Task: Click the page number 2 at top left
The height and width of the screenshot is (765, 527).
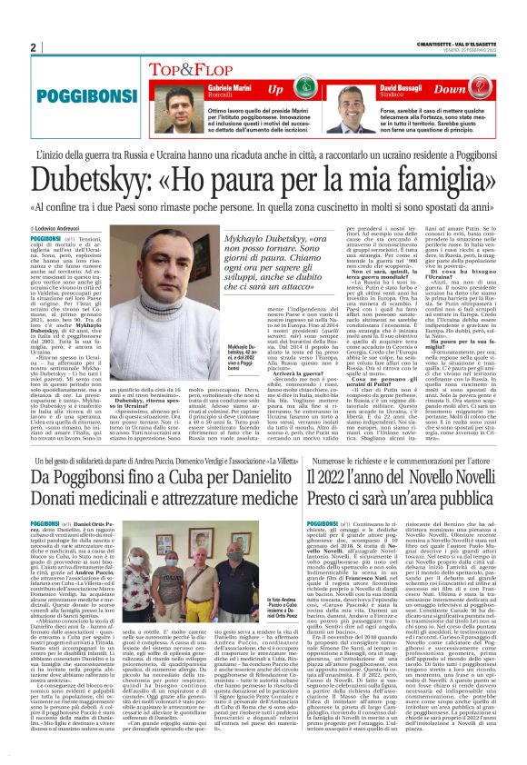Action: coord(33,47)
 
